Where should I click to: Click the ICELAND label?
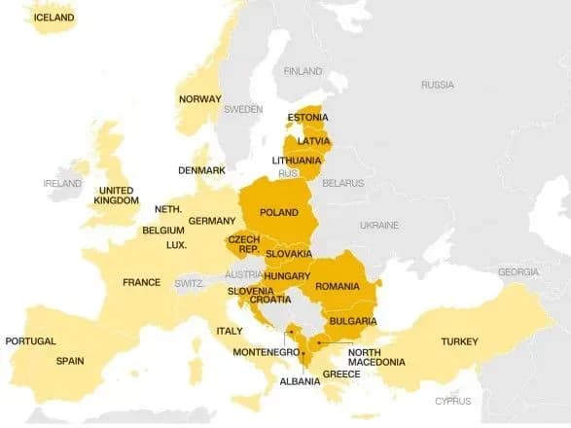click(x=54, y=18)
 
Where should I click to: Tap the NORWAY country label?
click(x=199, y=99)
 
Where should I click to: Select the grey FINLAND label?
click(x=303, y=71)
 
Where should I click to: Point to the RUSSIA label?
click(x=437, y=85)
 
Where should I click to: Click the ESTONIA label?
click(x=307, y=119)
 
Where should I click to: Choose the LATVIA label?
click(x=313, y=141)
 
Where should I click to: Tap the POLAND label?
click(x=279, y=212)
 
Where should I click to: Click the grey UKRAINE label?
click(x=378, y=225)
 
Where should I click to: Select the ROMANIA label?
click(x=337, y=286)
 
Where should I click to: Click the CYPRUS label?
click(x=453, y=401)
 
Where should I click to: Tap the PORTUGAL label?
click(x=30, y=341)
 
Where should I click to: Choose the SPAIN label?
click(x=69, y=361)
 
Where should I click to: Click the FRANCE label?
click(x=141, y=282)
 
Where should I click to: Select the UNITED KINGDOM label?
click(x=116, y=196)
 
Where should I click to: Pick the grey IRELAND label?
click(x=62, y=183)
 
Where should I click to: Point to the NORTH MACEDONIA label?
click(x=376, y=357)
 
